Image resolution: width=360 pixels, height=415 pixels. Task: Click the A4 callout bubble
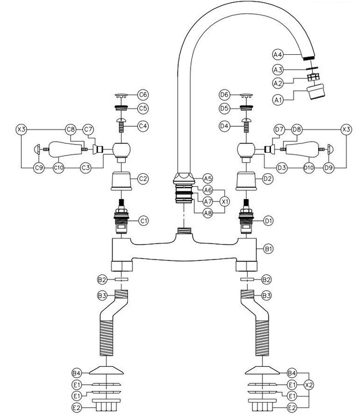click(278, 54)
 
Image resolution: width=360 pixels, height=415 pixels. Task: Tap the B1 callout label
click(269, 250)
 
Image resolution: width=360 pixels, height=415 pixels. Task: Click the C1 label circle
click(143, 221)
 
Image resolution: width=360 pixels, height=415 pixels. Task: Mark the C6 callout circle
click(143, 95)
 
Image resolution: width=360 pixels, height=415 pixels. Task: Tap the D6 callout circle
click(224, 95)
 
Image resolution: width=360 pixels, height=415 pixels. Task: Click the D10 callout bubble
click(309, 167)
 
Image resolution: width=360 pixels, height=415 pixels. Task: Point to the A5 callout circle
click(208, 179)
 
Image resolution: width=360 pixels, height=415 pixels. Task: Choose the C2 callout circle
click(143, 179)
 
